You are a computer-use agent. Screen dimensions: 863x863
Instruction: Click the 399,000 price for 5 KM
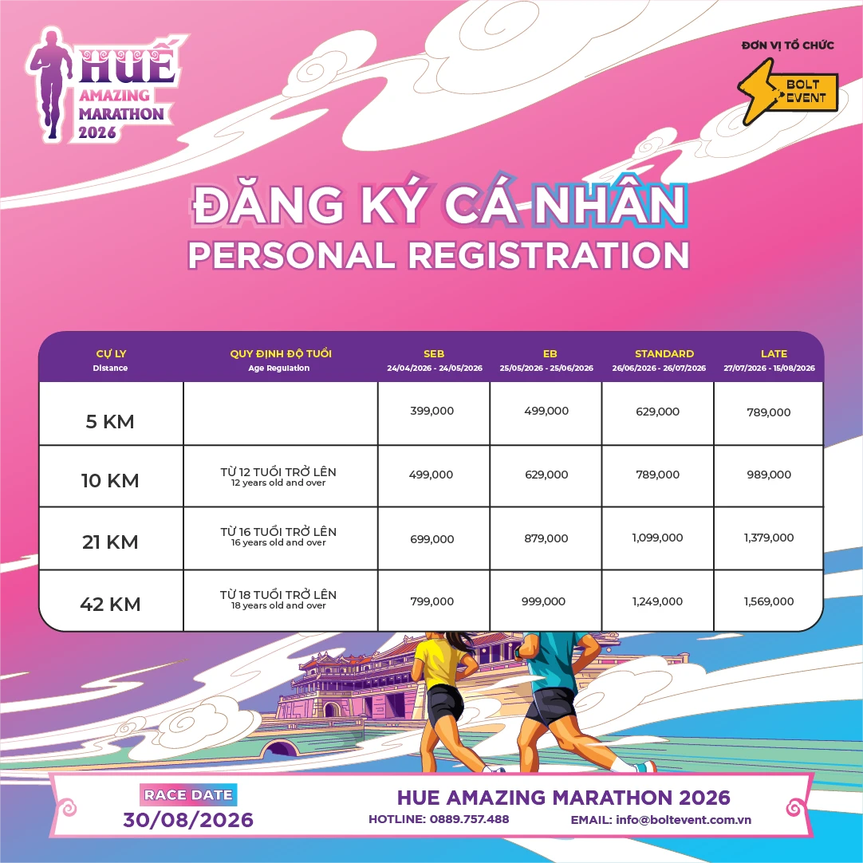tap(431, 411)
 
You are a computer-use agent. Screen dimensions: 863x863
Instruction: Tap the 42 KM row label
tap(110, 605)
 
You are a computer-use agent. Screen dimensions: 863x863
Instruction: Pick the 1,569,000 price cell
tap(769, 601)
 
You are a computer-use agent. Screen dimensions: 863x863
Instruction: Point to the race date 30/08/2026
tap(188, 820)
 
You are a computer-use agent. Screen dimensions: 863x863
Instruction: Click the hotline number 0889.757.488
tap(469, 819)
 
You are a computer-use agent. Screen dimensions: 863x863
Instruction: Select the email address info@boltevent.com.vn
tap(684, 819)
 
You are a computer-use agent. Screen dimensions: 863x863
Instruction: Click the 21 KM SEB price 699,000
tap(431, 539)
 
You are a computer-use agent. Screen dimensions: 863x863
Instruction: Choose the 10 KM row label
tap(110, 481)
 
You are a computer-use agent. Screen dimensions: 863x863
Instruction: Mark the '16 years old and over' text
tap(278, 543)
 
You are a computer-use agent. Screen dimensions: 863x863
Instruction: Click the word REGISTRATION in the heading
tap(549, 255)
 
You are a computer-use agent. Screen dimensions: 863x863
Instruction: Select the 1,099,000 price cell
tap(657, 538)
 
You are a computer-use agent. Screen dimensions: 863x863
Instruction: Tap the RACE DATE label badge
tap(188, 794)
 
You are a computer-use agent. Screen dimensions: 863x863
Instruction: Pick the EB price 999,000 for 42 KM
tap(543, 601)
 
